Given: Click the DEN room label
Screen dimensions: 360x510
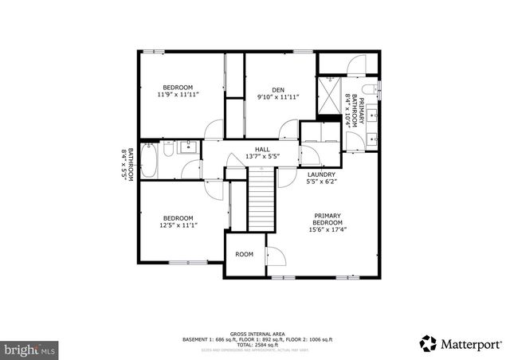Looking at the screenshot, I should [277, 89].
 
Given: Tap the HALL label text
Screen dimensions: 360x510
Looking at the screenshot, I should [262, 149].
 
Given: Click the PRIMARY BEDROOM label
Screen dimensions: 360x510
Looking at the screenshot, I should [328, 219].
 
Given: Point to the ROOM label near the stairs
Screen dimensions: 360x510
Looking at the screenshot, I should [244, 254].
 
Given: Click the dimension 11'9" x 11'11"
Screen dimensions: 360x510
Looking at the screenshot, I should [178, 95].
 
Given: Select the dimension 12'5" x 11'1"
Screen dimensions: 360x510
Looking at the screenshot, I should [178, 225].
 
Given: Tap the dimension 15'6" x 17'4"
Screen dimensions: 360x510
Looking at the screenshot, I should [328, 230].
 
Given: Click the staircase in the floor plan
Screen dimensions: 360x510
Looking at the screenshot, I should [261, 203].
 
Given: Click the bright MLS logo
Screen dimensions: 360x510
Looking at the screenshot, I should [29, 349].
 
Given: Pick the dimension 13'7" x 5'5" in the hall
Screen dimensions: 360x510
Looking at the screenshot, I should [262, 156].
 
